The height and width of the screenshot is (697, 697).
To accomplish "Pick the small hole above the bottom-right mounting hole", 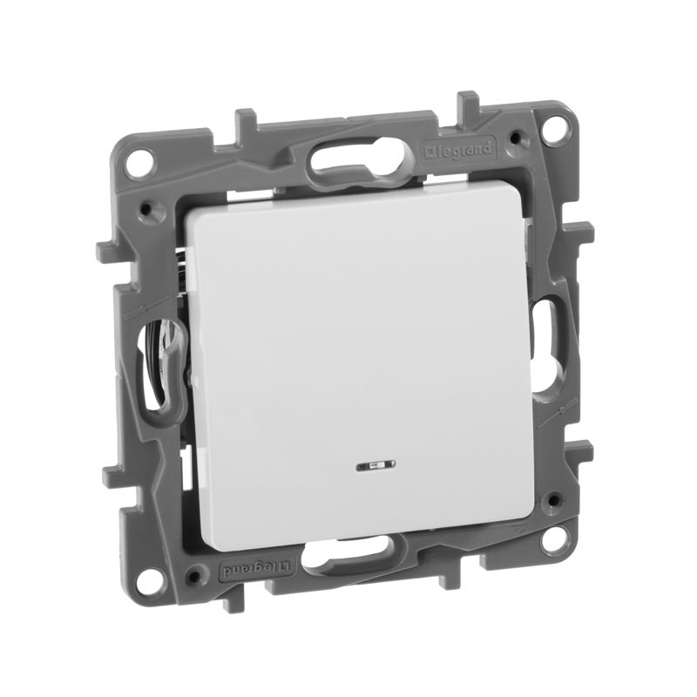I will click(549, 499).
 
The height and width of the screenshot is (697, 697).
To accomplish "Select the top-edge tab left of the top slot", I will click(247, 118).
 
